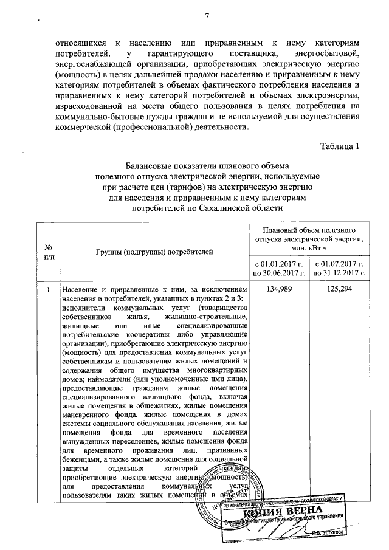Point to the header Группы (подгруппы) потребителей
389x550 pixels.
154,250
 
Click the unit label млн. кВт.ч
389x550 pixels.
308,249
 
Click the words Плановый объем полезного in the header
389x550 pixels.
309,230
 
